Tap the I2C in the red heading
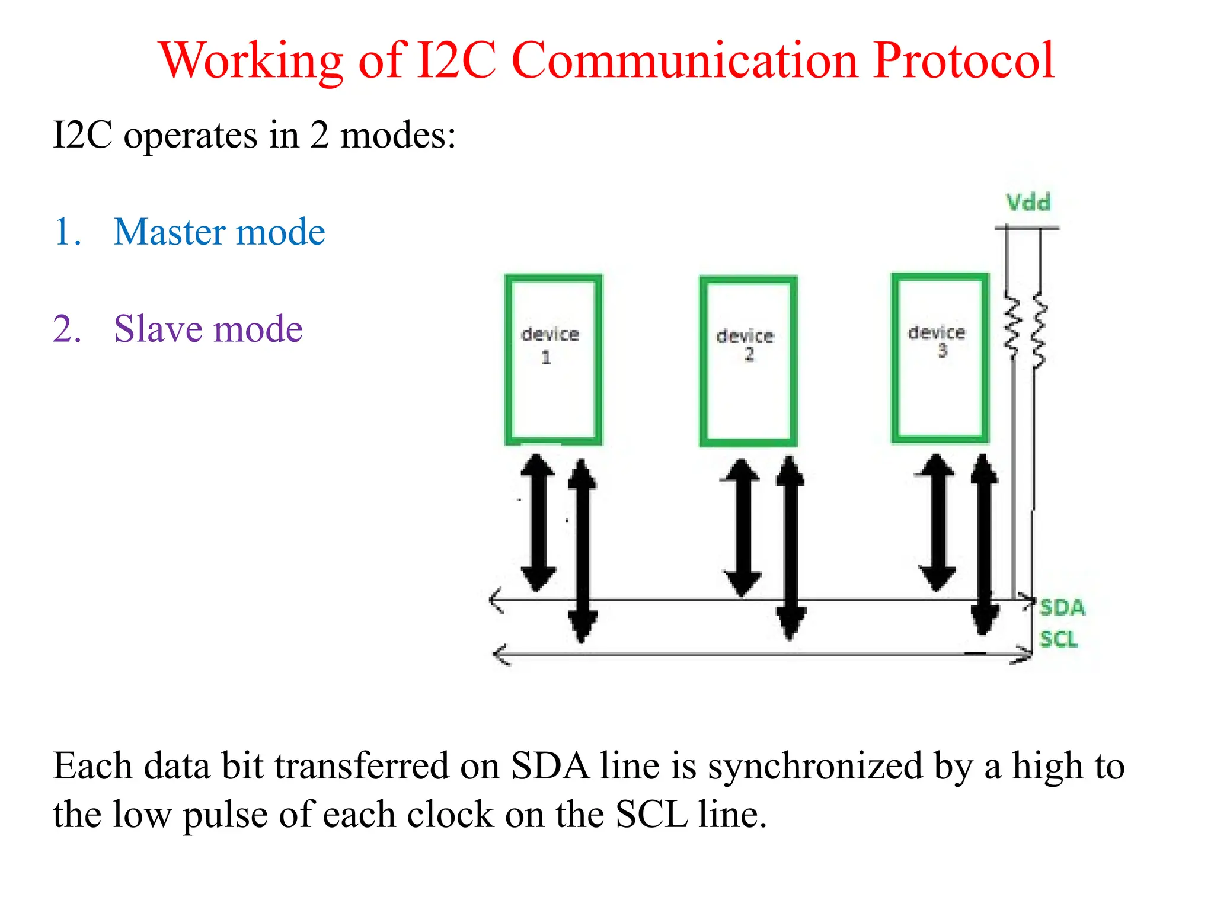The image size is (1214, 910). point(456,60)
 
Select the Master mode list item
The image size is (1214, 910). point(219,232)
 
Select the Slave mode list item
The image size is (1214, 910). point(207,329)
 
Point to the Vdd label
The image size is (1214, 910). point(1028,203)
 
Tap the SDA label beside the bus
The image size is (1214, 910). point(1062,608)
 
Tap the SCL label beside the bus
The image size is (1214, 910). point(1059,639)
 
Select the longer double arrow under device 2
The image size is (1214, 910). point(790,548)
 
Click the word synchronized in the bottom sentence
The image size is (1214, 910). point(815,766)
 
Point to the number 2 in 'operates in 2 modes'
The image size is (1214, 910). point(320,135)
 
